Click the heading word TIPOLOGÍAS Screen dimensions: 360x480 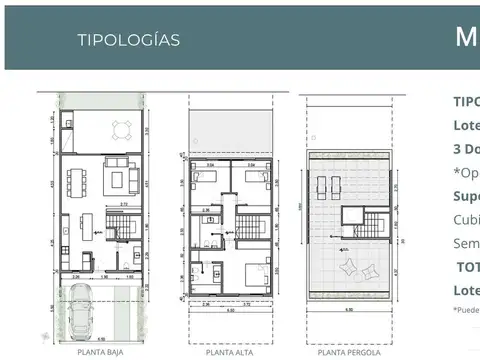(129, 40)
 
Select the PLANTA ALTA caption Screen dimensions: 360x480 (229, 352)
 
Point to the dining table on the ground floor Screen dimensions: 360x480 (79, 181)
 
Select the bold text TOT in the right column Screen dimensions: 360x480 (467, 267)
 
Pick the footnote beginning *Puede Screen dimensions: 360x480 (466, 311)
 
